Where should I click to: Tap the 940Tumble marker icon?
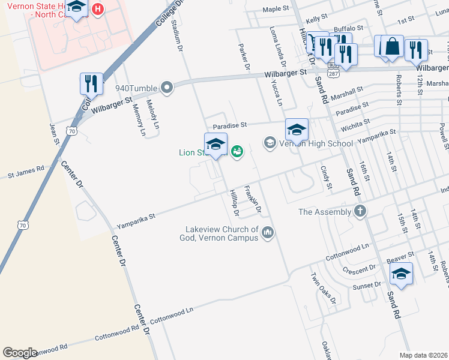(x=167, y=88)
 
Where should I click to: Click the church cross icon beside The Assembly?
(x=360, y=211)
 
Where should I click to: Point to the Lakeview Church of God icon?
(x=268, y=232)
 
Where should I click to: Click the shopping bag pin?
(x=392, y=46)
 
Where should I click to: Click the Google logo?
(x=20, y=353)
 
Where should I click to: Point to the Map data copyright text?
(x=423, y=355)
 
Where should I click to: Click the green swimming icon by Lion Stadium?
(x=237, y=151)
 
